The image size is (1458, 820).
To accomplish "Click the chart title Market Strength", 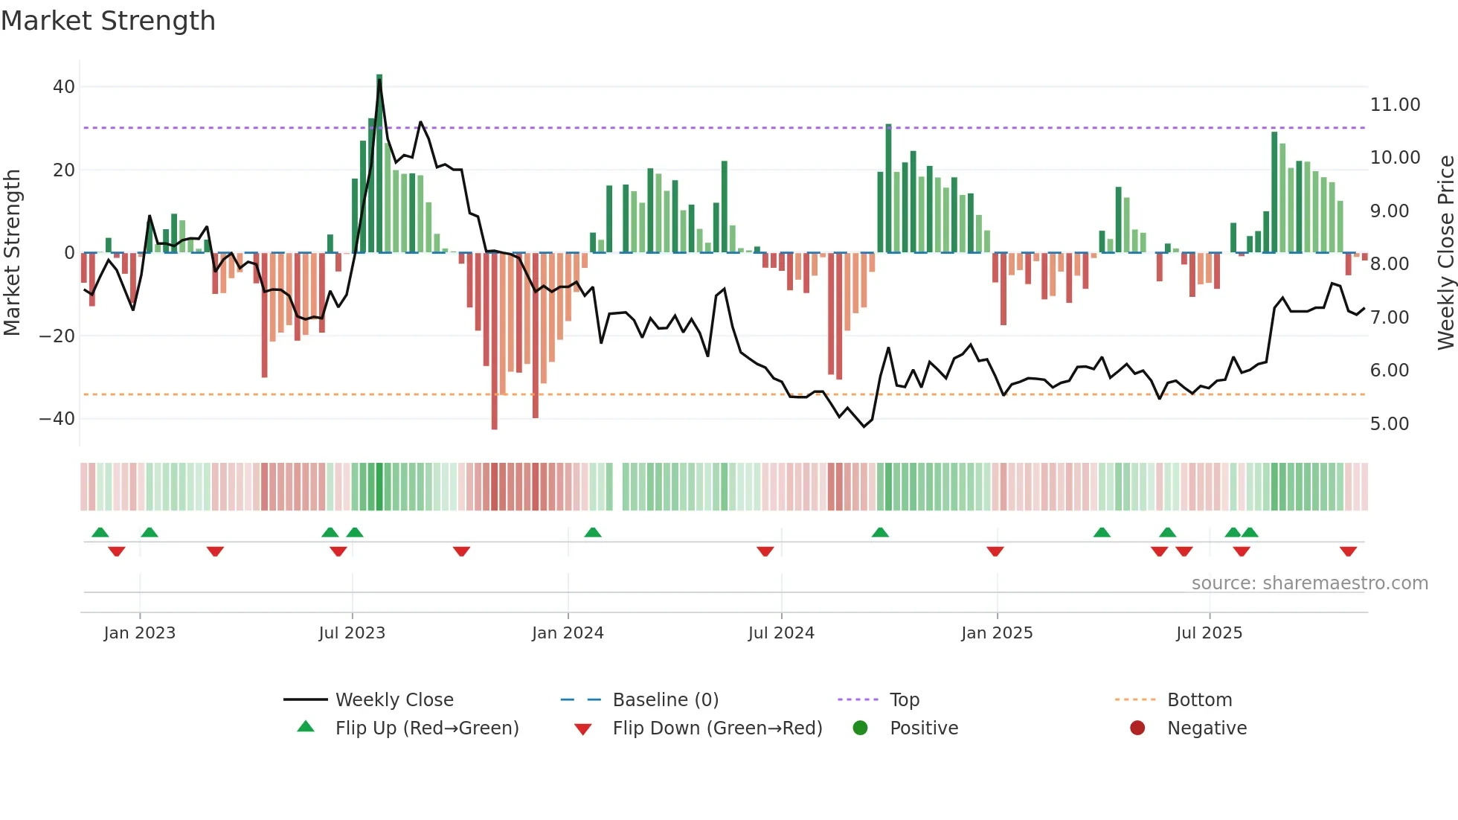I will pyautogui.click(x=108, y=21).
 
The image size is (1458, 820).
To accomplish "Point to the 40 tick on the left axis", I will pyautogui.click(x=64, y=87).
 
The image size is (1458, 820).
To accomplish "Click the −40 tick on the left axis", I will pyautogui.click(x=58, y=419).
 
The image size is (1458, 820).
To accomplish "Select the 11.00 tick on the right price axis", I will pyautogui.click(x=1395, y=105).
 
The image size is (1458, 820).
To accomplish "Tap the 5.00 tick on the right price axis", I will pyautogui.click(x=1389, y=424).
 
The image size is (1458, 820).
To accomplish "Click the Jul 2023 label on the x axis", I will pyautogui.click(x=352, y=633).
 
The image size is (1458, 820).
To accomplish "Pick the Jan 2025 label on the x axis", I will pyautogui.click(x=997, y=633).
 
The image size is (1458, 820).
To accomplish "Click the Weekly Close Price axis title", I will pyautogui.click(x=1445, y=253).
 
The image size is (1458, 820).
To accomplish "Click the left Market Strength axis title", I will pyautogui.click(x=13, y=253).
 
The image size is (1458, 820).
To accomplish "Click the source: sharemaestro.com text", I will pyautogui.click(x=1309, y=583).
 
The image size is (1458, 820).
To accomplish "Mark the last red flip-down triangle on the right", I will pyautogui.click(x=1348, y=551).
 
